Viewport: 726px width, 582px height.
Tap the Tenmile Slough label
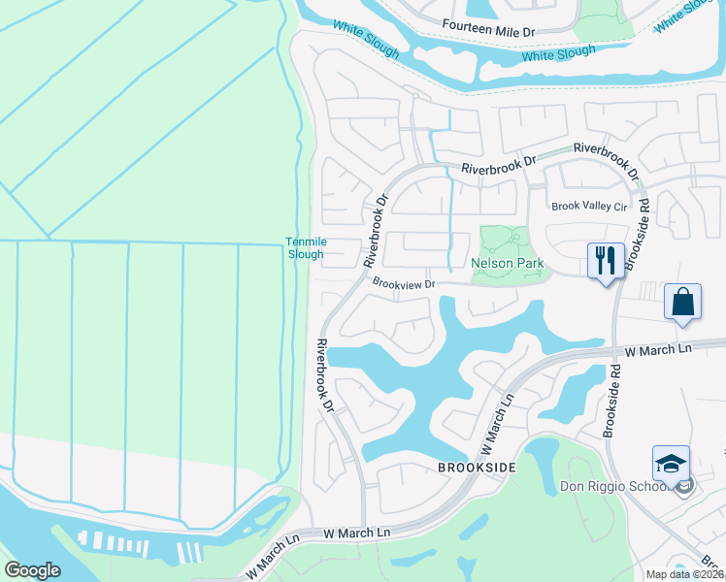pos(304,247)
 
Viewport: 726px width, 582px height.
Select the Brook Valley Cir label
pos(589,207)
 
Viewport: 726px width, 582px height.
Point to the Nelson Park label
pos(505,263)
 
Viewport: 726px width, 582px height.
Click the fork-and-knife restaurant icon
pos(605,260)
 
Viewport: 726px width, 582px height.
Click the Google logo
pos(32,570)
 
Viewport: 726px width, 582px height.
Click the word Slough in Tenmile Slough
pos(304,254)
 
